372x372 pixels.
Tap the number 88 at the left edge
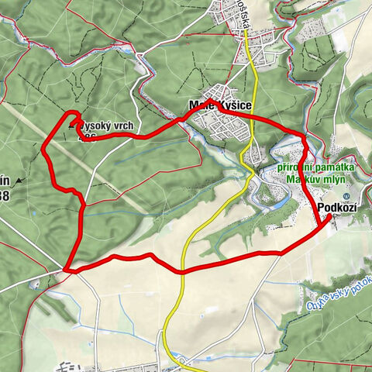(4, 196)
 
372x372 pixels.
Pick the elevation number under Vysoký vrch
(88, 136)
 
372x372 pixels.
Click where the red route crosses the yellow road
(183, 272)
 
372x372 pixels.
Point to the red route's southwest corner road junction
(68, 269)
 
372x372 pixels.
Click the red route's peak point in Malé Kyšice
(220, 109)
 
